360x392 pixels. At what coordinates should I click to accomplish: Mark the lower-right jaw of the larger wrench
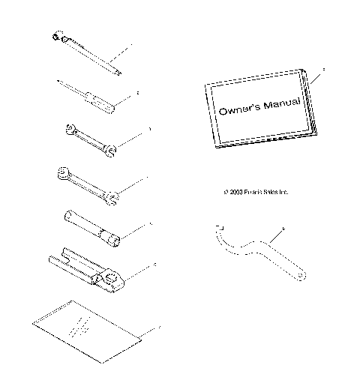pos(112,199)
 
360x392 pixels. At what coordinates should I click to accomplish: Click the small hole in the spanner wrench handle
pos(299,279)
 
